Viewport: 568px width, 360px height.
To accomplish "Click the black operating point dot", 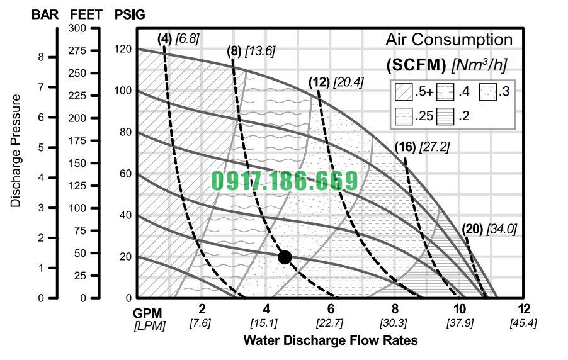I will [x=285, y=257].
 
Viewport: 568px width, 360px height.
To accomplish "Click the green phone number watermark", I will [x=284, y=181].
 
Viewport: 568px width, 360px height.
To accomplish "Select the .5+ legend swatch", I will [x=404, y=92].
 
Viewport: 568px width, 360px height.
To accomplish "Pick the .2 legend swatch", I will [x=445, y=116].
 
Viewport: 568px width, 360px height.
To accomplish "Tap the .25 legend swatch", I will [x=404, y=116].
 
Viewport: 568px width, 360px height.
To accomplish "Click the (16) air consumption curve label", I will [x=405, y=147].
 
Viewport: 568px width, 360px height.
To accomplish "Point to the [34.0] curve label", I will [x=501, y=229].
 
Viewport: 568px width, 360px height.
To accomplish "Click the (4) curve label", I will [x=164, y=38].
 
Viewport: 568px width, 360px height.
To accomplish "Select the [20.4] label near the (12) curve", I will [x=348, y=82].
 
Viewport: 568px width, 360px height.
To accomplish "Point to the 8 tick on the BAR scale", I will [x=42, y=57].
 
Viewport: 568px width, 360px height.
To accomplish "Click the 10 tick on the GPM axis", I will [x=460, y=309].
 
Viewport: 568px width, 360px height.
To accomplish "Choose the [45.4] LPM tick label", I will [x=523, y=323].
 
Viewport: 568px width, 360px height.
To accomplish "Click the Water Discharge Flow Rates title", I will [x=330, y=340].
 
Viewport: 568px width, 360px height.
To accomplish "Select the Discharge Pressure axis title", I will [x=16, y=151].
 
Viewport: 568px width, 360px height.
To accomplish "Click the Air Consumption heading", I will [x=449, y=40].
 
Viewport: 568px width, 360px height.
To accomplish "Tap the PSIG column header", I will [x=130, y=14].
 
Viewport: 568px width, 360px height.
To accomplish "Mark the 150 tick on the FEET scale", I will [x=77, y=163].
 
